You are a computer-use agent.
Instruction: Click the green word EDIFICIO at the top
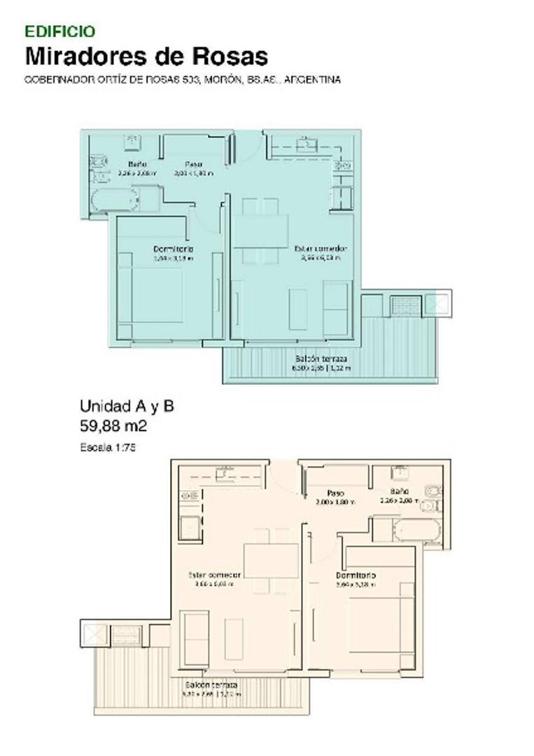[x=60, y=31]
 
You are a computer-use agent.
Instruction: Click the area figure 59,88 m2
[x=113, y=425]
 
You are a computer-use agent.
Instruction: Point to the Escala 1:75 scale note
[x=107, y=447]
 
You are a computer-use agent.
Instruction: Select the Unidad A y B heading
[x=127, y=406]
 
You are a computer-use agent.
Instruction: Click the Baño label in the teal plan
[x=137, y=164]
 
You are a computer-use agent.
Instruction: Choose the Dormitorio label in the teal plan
[x=174, y=248]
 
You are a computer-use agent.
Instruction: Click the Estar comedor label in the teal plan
[x=321, y=248]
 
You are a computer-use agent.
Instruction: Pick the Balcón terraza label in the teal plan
[x=321, y=358]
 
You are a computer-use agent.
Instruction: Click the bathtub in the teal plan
[x=115, y=199]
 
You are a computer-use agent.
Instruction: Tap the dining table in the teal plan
[x=260, y=231]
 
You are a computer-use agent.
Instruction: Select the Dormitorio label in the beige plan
[x=356, y=575]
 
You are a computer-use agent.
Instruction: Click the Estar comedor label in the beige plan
[x=214, y=575]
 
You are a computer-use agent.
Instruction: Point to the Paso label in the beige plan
[x=335, y=493]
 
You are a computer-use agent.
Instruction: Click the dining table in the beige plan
[x=272, y=559]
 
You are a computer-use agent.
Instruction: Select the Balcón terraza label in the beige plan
[x=211, y=685]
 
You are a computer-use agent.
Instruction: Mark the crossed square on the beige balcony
[x=93, y=636]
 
